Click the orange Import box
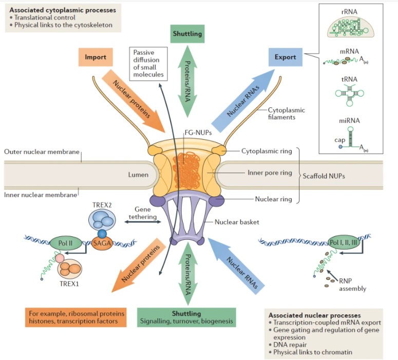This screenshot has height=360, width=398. coord(96,57)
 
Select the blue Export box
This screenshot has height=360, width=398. coord(286,57)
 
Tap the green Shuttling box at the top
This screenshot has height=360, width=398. coord(187,34)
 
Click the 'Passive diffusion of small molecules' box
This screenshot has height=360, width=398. coord(148,63)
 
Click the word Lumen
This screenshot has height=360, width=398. coord(138,175)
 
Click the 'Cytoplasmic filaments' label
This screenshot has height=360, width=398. coord(286,113)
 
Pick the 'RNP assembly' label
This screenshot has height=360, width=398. coord(353,284)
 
